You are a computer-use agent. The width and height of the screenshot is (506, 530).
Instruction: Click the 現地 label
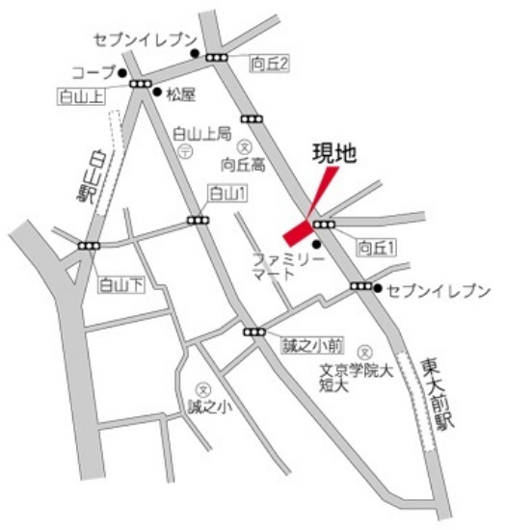coord(333,151)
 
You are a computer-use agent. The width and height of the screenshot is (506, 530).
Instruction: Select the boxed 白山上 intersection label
coord(81,96)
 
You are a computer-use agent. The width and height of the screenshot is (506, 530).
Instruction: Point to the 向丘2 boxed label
coord(270,64)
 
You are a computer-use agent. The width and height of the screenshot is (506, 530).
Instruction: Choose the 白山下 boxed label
coord(120,284)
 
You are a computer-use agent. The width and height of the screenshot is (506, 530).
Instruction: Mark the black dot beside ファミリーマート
coord(316,244)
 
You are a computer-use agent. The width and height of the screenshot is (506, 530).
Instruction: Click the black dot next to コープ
coord(122,72)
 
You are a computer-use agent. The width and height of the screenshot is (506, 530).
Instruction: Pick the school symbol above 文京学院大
coord(365,352)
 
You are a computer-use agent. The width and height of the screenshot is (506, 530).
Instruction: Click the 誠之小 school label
coord(211,409)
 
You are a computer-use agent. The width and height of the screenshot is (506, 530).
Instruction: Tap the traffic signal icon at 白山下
coord(89,247)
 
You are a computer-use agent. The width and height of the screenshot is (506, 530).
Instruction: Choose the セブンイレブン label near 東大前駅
coord(438,290)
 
